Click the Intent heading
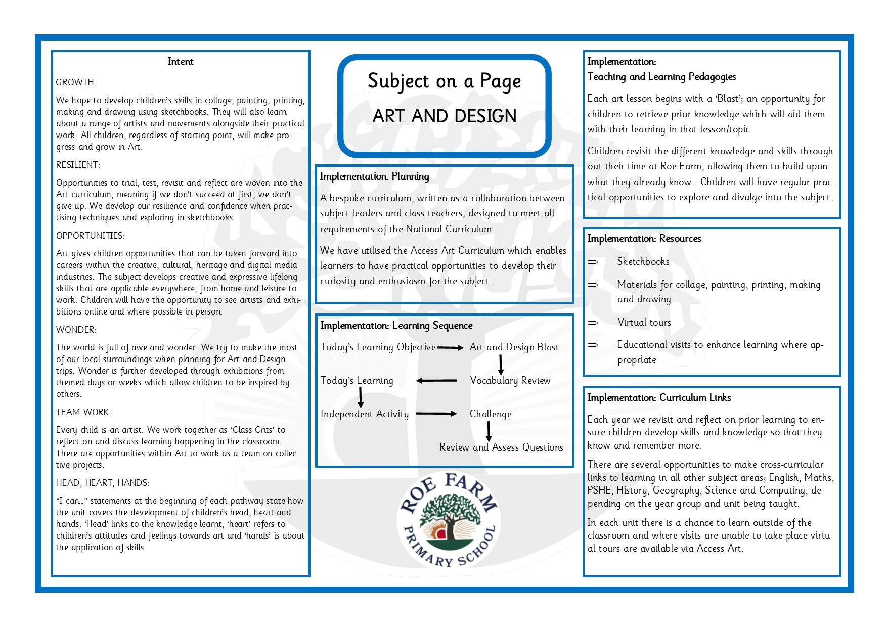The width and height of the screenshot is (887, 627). click(x=180, y=62)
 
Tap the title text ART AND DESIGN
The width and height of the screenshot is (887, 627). click(x=444, y=116)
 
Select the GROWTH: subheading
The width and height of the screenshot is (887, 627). click(x=76, y=82)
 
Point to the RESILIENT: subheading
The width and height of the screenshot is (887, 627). click(x=78, y=165)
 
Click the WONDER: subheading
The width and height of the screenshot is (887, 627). click(x=76, y=330)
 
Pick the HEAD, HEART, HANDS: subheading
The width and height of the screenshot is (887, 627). click(x=103, y=483)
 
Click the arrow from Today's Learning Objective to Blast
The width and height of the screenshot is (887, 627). click(x=450, y=348)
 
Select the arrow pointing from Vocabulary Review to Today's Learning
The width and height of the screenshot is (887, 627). click(x=436, y=381)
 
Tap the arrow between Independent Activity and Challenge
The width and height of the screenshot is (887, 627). click(x=436, y=414)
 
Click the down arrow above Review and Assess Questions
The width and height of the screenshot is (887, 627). click(x=489, y=431)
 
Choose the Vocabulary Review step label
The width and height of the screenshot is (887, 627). click(x=510, y=381)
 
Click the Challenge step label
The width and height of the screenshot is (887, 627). click(x=491, y=414)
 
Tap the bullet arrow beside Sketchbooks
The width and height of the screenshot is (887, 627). click(x=593, y=262)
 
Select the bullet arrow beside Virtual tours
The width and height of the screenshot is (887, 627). click(x=593, y=323)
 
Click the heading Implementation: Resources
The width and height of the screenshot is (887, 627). click(x=644, y=239)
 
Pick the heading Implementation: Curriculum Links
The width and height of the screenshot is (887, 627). click(x=659, y=398)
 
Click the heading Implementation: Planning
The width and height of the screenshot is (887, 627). click(x=374, y=176)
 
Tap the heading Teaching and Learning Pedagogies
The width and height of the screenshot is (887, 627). click(x=661, y=77)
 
